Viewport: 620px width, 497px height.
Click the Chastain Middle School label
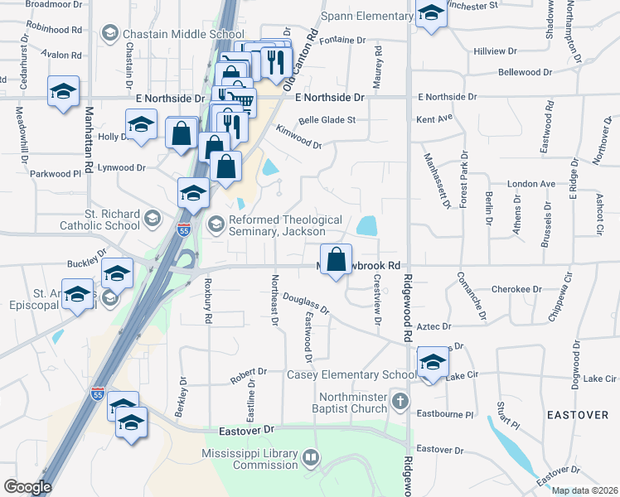(x=183, y=34)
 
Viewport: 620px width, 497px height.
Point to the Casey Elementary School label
(x=351, y=375)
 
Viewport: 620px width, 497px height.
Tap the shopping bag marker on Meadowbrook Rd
(x=336, y=260)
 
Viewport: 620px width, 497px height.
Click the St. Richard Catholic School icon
(x=151, y=219)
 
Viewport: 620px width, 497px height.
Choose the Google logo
(x=27, y=487)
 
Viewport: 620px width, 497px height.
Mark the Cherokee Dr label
(x=516, y=289)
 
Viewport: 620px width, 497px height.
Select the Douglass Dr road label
(x=306, y=303)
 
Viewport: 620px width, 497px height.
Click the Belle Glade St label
(x=327, y=119)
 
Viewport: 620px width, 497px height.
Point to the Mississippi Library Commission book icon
(x=311, y=457)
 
